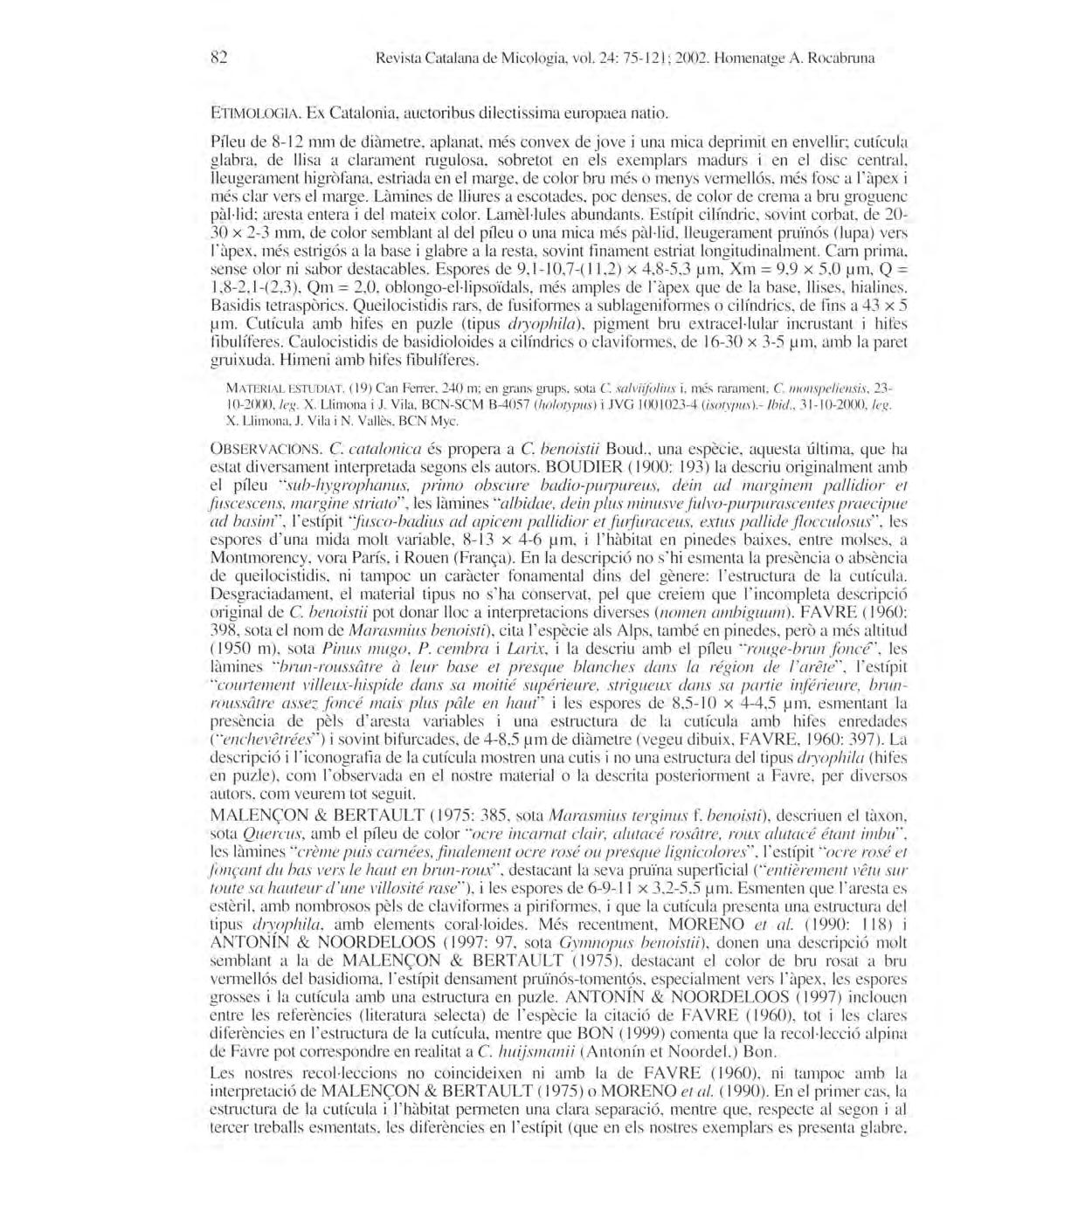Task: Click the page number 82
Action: pyautogui.click(x=219, y=59)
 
